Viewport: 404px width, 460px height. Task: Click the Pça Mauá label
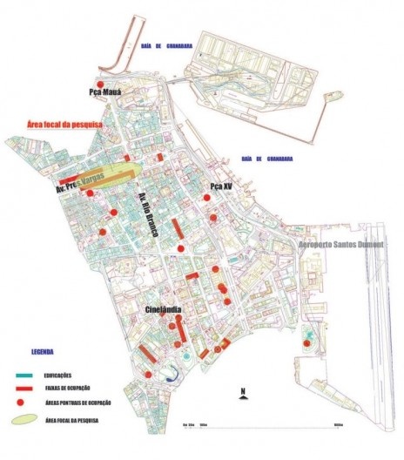[103, 91]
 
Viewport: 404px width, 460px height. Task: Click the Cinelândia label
[168, 309]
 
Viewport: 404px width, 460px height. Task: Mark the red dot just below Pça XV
[207, 198]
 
